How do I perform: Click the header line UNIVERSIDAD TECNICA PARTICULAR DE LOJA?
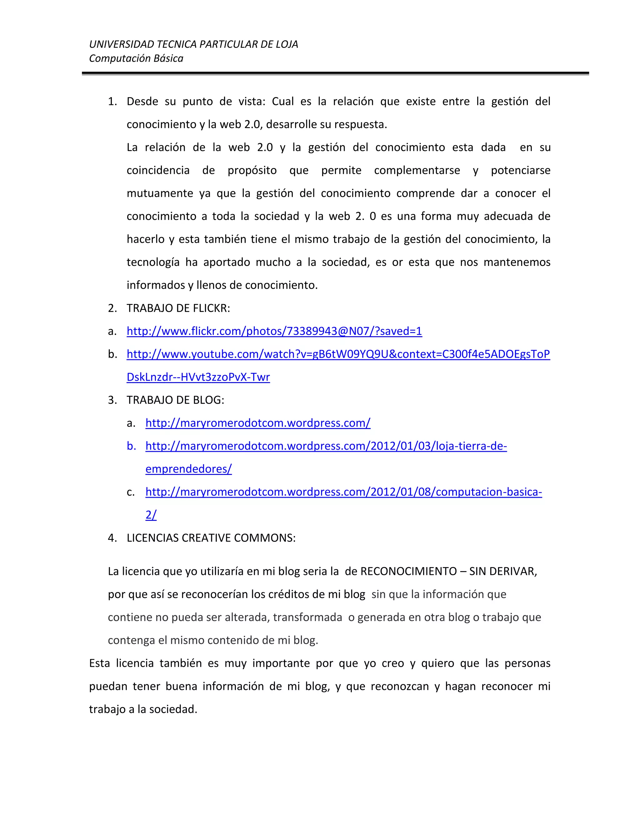coord(193,44)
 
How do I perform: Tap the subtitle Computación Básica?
coord(136,58)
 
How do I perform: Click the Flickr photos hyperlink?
coord(274,331)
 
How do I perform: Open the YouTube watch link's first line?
coord(338,354)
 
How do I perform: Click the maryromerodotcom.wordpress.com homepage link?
coord(258,423)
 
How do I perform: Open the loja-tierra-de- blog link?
coord(326,446)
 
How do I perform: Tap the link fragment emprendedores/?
coord(188,469)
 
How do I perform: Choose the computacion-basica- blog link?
coord(343,492)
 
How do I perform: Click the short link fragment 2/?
coord(151,515)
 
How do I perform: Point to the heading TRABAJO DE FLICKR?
coord(178,308)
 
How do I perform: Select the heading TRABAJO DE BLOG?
coord(175,400)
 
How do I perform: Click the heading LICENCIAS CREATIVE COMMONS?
coord(211,538)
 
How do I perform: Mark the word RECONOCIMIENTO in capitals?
coord(408,571)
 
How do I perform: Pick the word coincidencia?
coord(158,171)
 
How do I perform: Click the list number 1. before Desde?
coord(112,102)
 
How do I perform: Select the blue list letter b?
coord(131,446)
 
